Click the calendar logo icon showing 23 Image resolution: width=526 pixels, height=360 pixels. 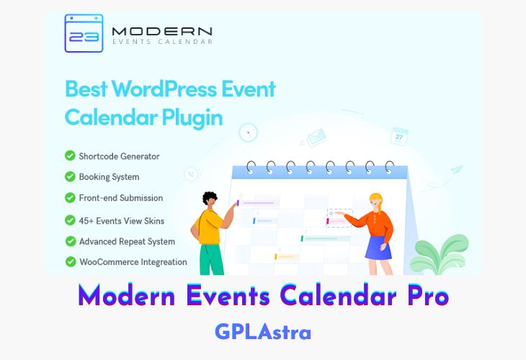coord(83,34)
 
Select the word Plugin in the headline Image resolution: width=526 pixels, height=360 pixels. coord(193,116)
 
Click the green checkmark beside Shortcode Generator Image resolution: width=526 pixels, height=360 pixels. coord(70,156)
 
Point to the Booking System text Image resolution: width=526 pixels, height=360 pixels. coord(109,176)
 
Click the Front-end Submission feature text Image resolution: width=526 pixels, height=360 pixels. coord(121,198)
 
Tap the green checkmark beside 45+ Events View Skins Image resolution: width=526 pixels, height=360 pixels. coord(70,220)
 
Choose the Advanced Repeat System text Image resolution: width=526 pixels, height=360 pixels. coord(127,241)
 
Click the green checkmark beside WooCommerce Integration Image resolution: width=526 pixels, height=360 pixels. coord(70,262)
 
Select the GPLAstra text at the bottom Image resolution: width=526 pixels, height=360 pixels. coord(262,332)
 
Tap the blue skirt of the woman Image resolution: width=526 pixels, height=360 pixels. coord(378,246)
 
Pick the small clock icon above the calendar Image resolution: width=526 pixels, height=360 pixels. coord(249,132)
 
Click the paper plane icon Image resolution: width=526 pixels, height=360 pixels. coord(455,171)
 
